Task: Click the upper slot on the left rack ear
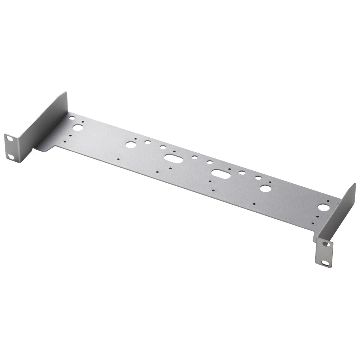9,139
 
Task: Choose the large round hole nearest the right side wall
323,207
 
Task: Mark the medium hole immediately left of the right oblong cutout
209,162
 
